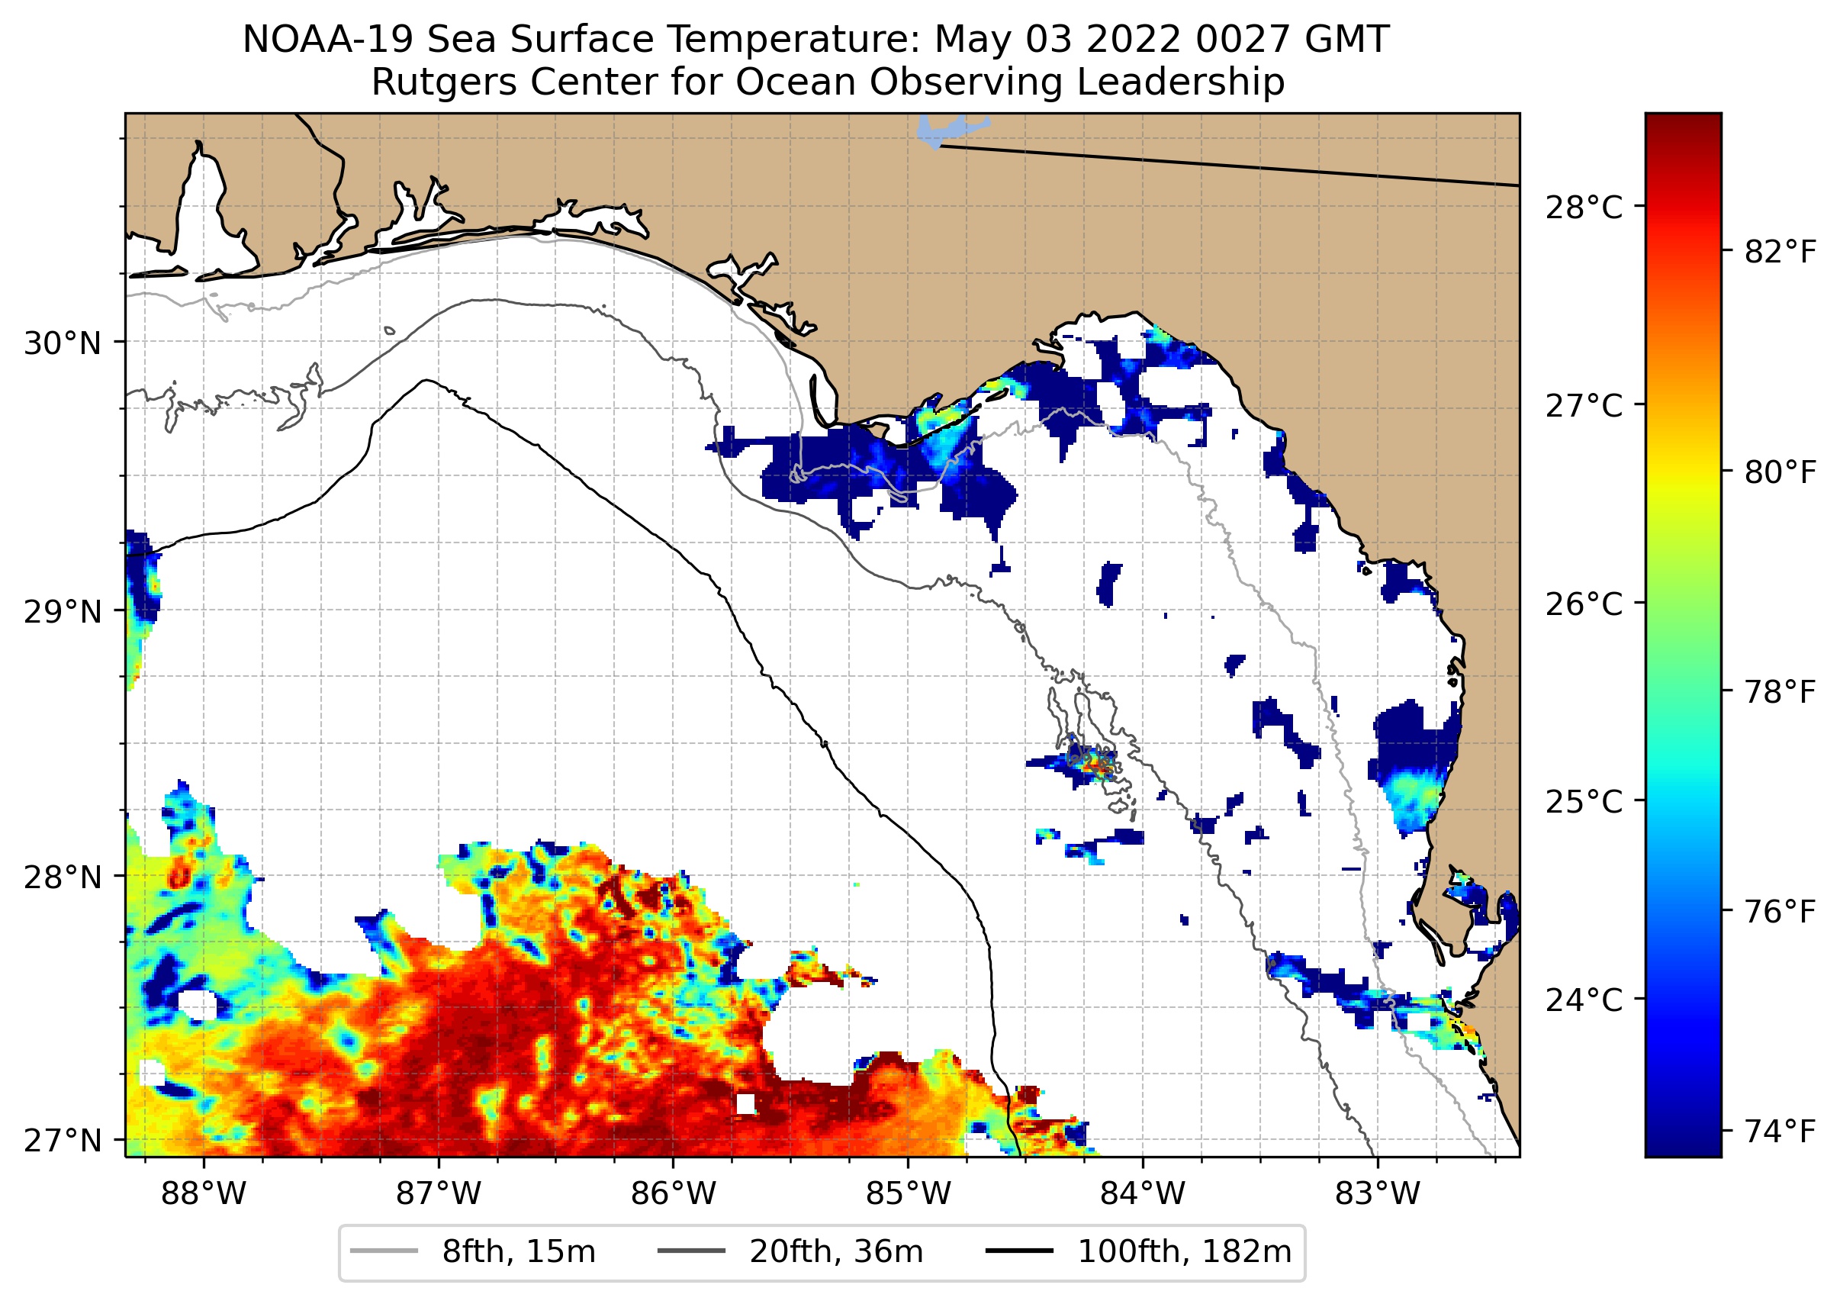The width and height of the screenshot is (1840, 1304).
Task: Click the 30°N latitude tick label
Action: click(x=63, y=343)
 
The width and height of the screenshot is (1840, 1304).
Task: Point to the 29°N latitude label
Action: click(x=63, y=612)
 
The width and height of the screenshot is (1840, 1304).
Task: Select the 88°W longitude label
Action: click(x=204, y=1194)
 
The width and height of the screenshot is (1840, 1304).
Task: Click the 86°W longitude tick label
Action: click(x=674, y=1194)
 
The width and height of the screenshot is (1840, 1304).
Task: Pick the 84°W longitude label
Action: click(x=1143, y=1194)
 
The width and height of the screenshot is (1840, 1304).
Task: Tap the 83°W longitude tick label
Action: click(x=1378, y=1194)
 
